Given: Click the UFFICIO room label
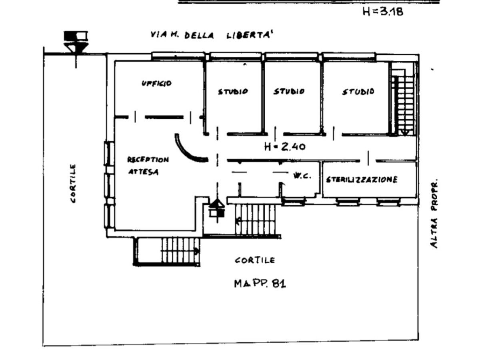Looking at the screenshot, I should click(156, 84).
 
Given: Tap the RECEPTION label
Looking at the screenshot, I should click(148, 160).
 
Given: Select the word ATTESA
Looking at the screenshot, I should click(143, 172).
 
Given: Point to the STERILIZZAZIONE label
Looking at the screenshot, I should click(362, 180).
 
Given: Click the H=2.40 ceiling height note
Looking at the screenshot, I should click(285, 147).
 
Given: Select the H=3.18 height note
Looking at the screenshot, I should click(382, 11).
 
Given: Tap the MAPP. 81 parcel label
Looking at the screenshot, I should click(260, 284).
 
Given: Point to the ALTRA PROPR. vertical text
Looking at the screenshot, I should click(434, 213).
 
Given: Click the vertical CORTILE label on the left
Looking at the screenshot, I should click(73, 183).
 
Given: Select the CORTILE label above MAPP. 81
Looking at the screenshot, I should click(255, 260).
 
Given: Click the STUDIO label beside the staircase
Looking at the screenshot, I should click(358, 92).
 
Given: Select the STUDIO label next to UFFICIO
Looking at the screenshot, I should click(233, 92).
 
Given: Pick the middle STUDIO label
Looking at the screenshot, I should click(289, 92).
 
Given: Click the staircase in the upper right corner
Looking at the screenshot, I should click(403, 100).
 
